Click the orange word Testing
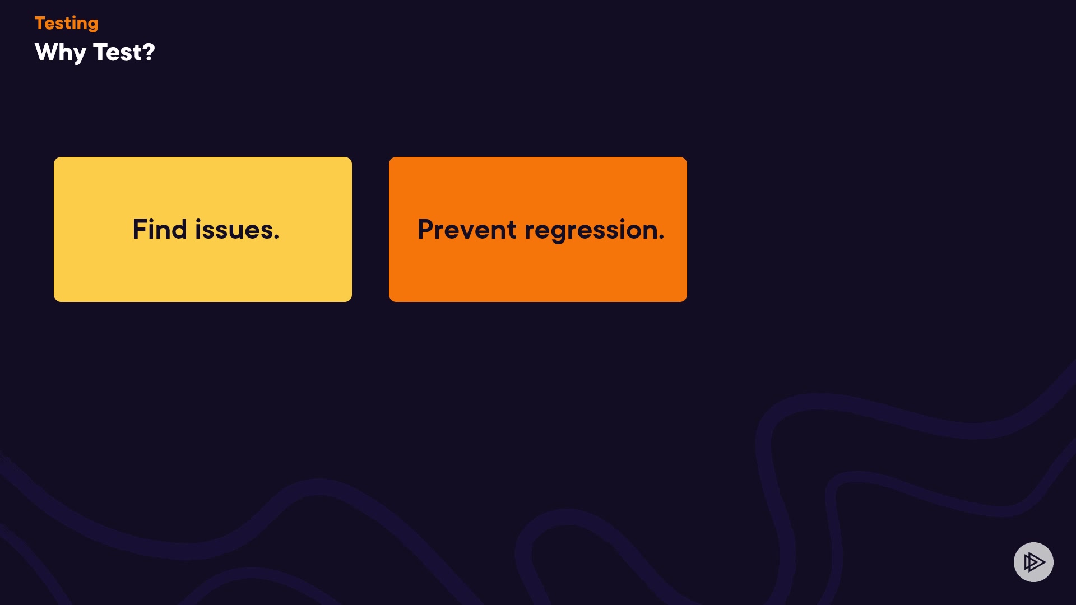coord(67,24)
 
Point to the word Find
coord(160,230)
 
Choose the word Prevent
coord(467,230)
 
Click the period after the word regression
coord(661,238)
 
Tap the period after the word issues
coord(276,238)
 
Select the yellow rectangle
coord(203,229)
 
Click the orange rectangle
coord(538,229)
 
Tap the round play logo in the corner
coord(1033,562)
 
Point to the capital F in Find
coord(140,230)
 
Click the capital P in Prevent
coord(426,230)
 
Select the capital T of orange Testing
coord(41,23)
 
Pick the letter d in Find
coord(179,230)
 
